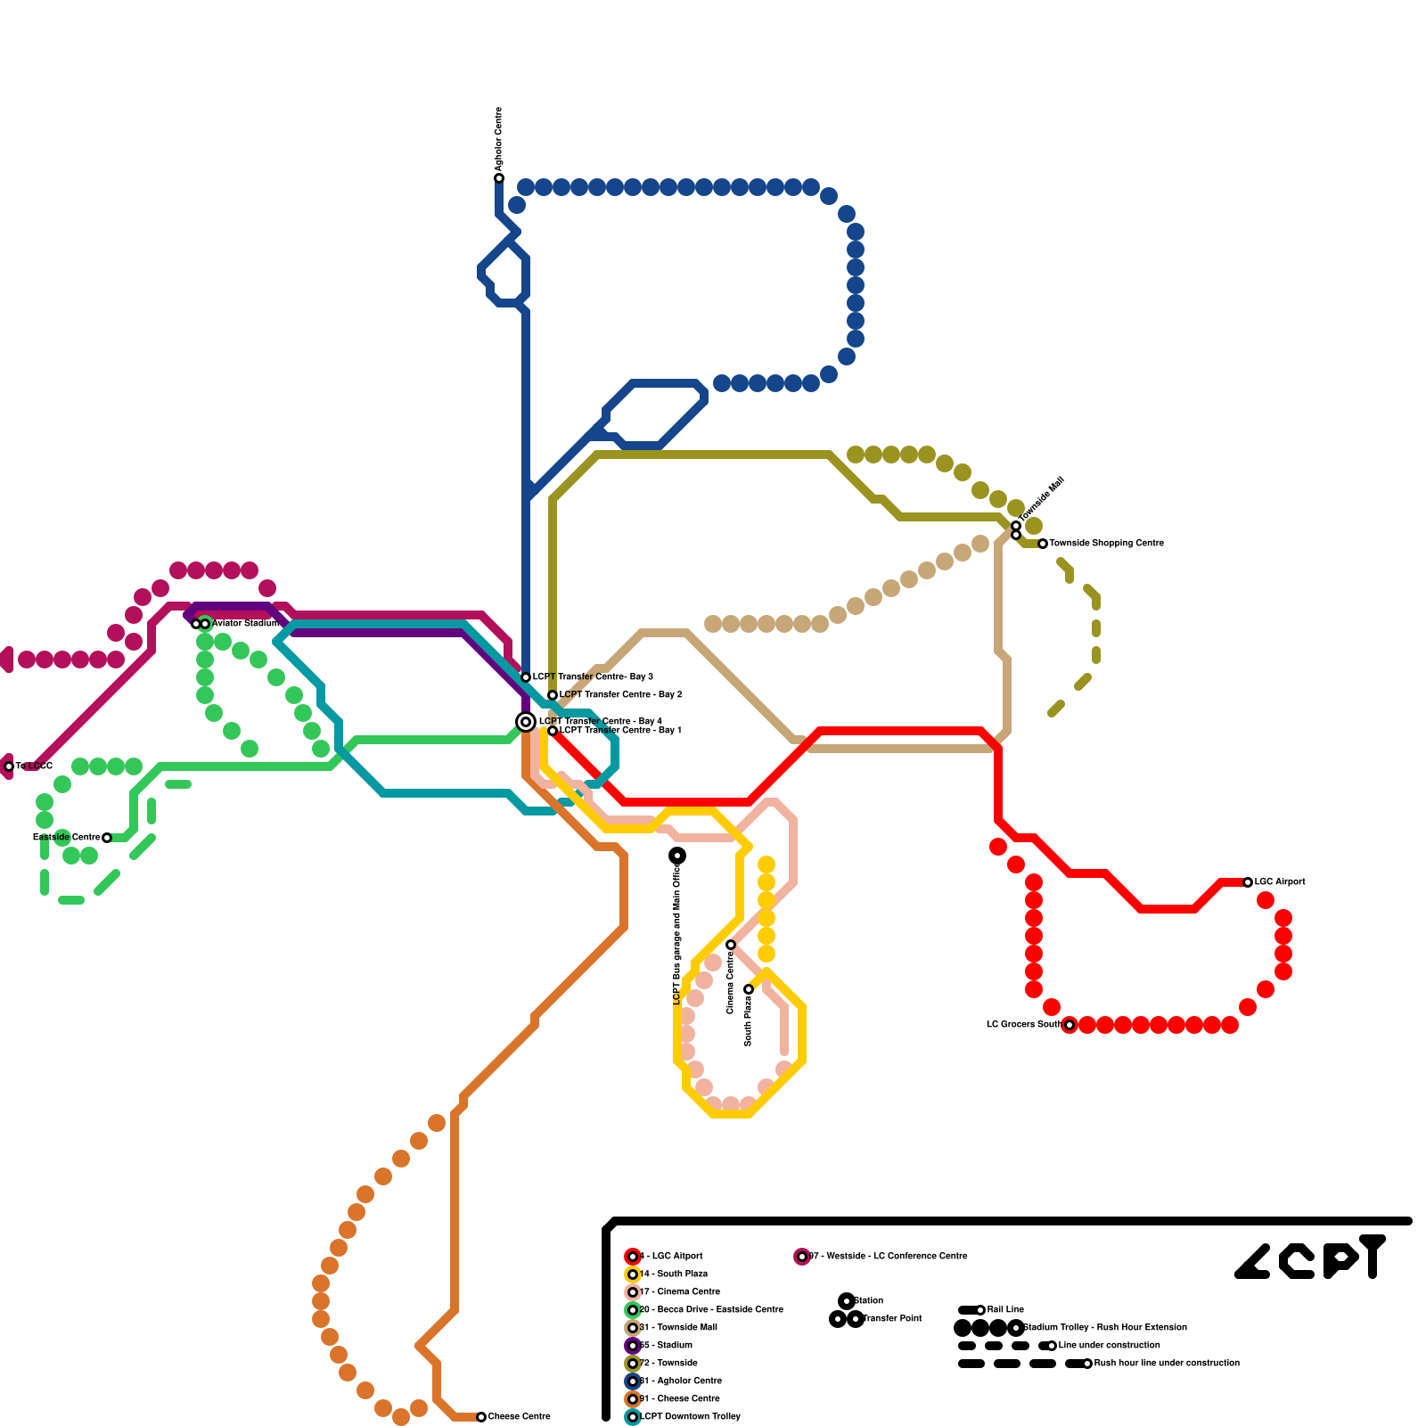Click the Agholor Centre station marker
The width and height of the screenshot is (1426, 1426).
[499, 178]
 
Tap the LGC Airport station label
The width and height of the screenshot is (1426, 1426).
[1279, 881]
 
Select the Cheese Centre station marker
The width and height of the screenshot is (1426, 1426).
[481, 1416]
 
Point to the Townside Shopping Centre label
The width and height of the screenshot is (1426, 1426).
[1106, 543]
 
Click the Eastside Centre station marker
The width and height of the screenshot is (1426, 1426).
[107, 838]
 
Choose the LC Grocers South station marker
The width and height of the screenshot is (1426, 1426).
[1069, 1025]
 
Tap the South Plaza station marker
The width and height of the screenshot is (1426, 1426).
[749, 989]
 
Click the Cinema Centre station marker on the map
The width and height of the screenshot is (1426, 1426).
[731, 945]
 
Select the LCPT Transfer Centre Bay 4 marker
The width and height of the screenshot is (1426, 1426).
[526, 721]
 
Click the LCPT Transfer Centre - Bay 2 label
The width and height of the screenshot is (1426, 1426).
[620, 694]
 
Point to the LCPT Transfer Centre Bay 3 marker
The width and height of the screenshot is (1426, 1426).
[526, 677]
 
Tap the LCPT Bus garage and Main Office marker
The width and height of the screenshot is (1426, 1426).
[677, 856]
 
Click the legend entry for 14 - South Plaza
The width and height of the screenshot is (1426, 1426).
[673, 1274]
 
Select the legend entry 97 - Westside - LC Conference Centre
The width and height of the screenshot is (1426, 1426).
[887, 1256]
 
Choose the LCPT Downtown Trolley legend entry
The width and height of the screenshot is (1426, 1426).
[689, 1416]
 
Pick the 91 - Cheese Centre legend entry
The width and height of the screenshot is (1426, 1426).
[679, 1398]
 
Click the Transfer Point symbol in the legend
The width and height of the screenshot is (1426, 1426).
[847, 1319]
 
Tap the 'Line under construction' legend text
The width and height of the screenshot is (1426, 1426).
[1109, 1345]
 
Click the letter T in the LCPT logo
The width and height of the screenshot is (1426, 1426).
[1373, 1257]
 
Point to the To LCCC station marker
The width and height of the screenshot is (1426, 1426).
[9, 766]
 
